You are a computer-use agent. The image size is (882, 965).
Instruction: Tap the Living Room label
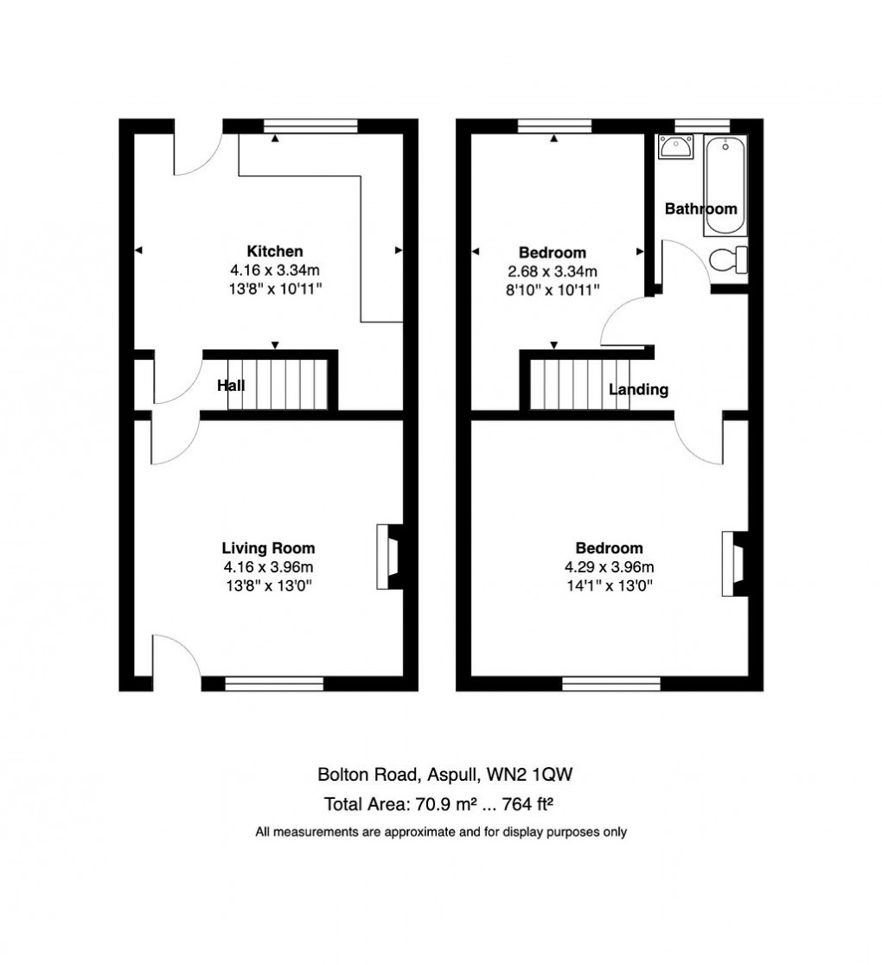[x=268, y=548]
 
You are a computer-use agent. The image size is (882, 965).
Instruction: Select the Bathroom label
[x=700, y=208]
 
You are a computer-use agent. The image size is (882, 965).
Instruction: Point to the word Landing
[x=638, y=390]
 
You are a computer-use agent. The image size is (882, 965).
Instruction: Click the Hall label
[x=230, y=386]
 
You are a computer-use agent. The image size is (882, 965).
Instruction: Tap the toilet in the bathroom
[x=729, y=259]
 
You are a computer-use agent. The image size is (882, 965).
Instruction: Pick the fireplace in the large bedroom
[x=734, y=563]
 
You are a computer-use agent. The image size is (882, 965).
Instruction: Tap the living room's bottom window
[x=274, y=684]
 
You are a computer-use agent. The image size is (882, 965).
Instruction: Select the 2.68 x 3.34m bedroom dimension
[x=553, y=272]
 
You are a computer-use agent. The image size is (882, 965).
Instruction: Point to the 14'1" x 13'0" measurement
[x=610, y=585]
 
